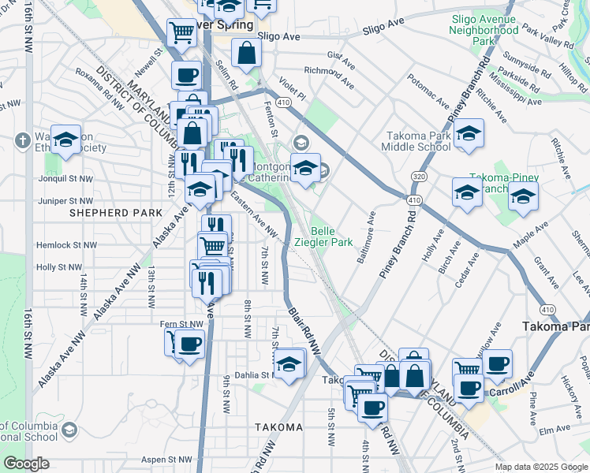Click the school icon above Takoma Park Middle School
pyautogui.click(x=469, y=133)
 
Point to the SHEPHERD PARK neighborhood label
pyautogui.click(x=116, y=213)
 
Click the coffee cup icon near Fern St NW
pyautogui.click(x=189, y=344)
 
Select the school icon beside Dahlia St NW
pyautogui.click(x=289, y=363)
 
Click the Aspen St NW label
pyautogui.click(x=166, y=459)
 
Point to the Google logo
pyautogui.click(x=26, y=464)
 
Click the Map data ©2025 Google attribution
pyautogui.click(x=540, y=467)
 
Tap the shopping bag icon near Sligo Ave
pyautogui.click(x=247, y=53)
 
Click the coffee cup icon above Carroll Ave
pyautogui.click(x=498, y=363)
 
